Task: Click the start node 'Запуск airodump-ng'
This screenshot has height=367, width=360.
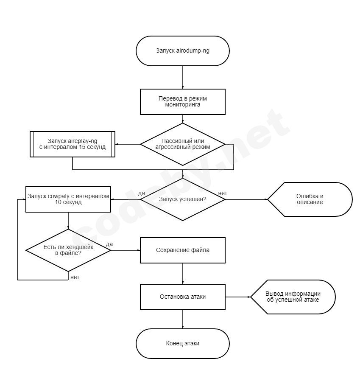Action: (182, 51)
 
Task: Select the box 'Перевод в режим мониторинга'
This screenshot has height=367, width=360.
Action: (182, 102)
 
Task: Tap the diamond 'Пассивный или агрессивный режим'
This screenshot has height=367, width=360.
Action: (182, 144)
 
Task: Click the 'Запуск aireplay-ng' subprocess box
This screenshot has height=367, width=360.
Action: (73, 144)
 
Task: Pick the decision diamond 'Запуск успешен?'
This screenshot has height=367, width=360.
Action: (182, 199)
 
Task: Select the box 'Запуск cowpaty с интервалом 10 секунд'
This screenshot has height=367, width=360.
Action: (68, 199)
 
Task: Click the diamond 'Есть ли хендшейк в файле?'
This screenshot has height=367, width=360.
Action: (68, 250)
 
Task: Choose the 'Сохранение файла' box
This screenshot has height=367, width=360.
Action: (182, 250)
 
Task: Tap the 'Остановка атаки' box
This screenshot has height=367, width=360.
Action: (182, 297)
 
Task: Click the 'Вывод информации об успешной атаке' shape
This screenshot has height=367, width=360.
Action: (293, 297)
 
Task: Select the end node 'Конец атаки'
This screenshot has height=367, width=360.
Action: (182, 343)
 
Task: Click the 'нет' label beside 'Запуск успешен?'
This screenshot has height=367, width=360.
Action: (223, 193)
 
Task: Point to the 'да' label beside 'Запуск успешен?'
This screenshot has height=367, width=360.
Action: (142, 193)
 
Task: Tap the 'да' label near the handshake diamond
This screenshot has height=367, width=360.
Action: (109, 244)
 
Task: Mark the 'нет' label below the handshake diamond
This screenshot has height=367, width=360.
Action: (75, 277)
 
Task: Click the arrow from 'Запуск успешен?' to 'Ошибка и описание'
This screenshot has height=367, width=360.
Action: (246, 199)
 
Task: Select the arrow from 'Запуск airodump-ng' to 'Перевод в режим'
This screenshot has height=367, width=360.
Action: (182, 77)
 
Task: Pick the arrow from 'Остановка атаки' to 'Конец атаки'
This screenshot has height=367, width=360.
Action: (182, 319)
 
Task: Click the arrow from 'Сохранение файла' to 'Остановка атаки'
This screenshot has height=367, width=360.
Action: (182, 273)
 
